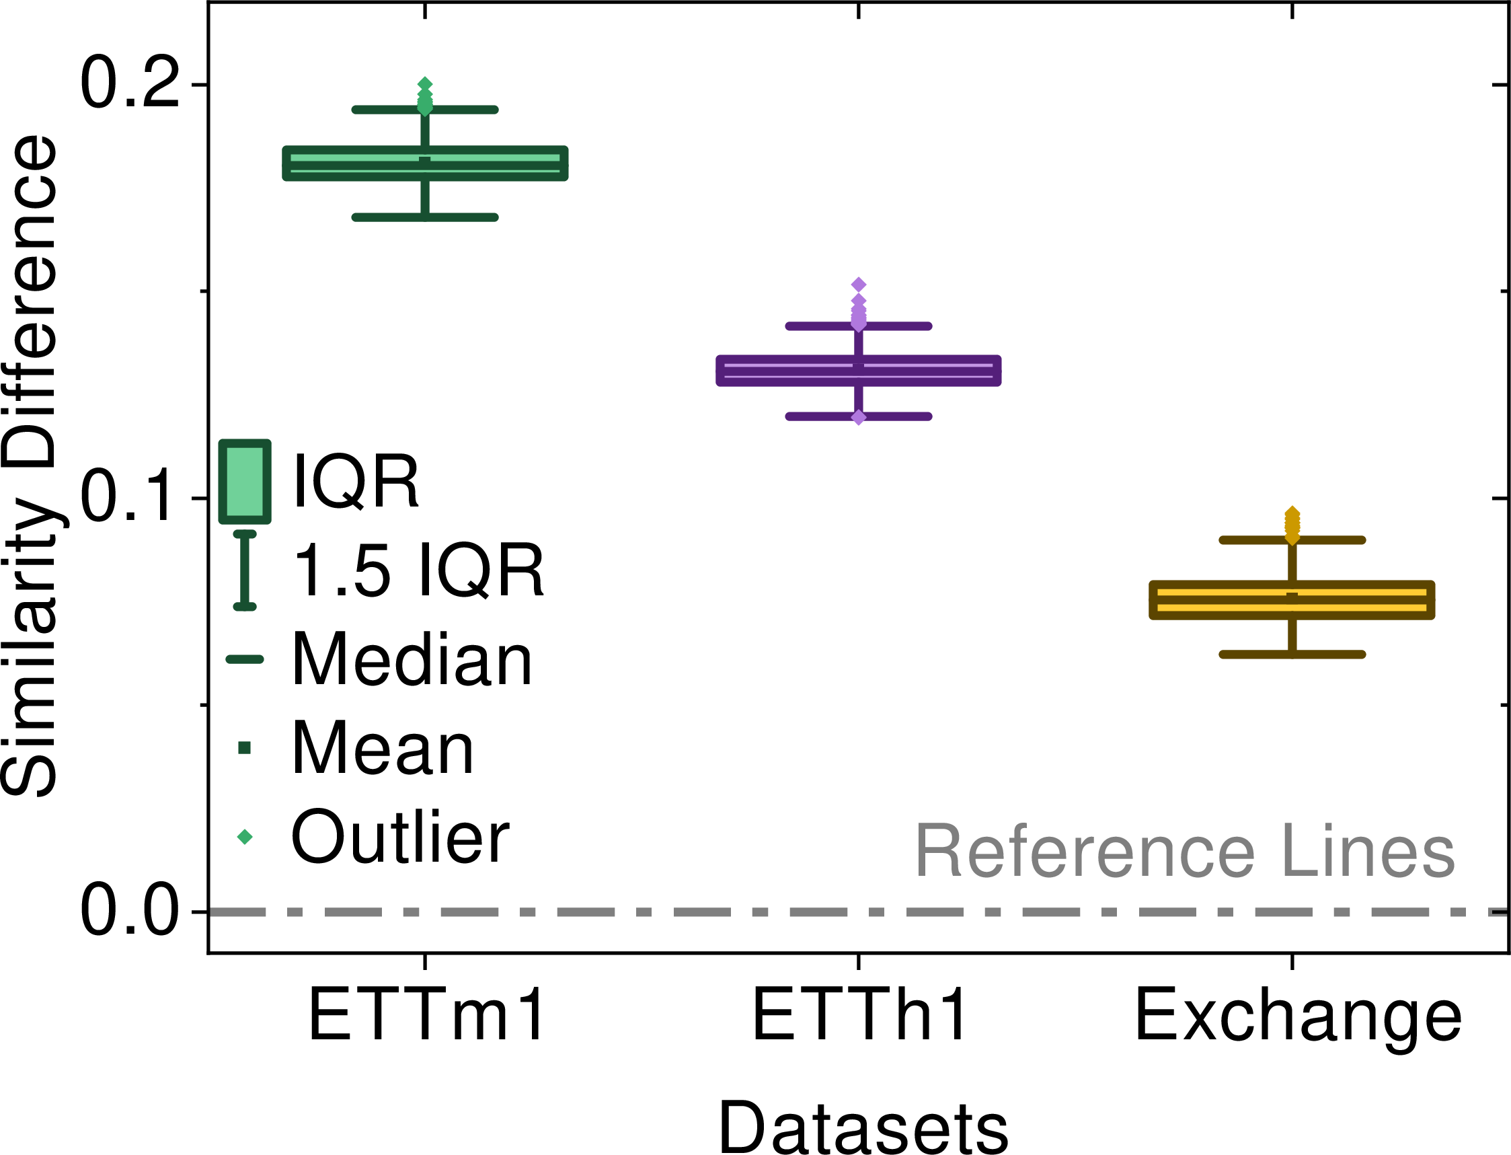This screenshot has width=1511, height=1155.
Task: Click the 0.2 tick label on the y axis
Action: pyautogui.click(x=130, y=84)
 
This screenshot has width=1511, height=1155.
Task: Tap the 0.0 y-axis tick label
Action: pyautogui.click(x=130, y=911)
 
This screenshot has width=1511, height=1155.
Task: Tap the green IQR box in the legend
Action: pyautogui.click(x=245, y=482)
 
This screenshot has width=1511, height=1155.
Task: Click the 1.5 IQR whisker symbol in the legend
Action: pyautogui.click(x=245, y=570)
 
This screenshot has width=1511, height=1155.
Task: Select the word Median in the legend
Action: pyautogui.click(x=412, y=659)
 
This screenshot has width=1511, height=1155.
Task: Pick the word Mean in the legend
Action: pyautogui.click(x=383, y=748)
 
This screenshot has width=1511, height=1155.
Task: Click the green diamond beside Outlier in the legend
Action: pyautogui.click(x=245, y=837)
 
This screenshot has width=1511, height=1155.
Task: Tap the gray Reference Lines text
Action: pyautogui.click(x=1185, y=851)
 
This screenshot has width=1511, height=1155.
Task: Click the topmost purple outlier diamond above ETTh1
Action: pyautogui.click(x=859, y=285)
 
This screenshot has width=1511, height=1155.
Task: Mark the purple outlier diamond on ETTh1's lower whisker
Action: pyautogui.click(x=859, y=417)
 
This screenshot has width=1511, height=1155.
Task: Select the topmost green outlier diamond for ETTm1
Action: pyautogui.click(x=426, y=84)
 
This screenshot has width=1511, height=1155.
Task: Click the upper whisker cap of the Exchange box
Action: pyautogui.click(x=1292, y=539)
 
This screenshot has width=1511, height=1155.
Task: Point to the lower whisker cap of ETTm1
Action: pyautogui.click(x=426, y=217)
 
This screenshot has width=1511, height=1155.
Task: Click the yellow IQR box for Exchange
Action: pyautogui.click(x=1292, y=599)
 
